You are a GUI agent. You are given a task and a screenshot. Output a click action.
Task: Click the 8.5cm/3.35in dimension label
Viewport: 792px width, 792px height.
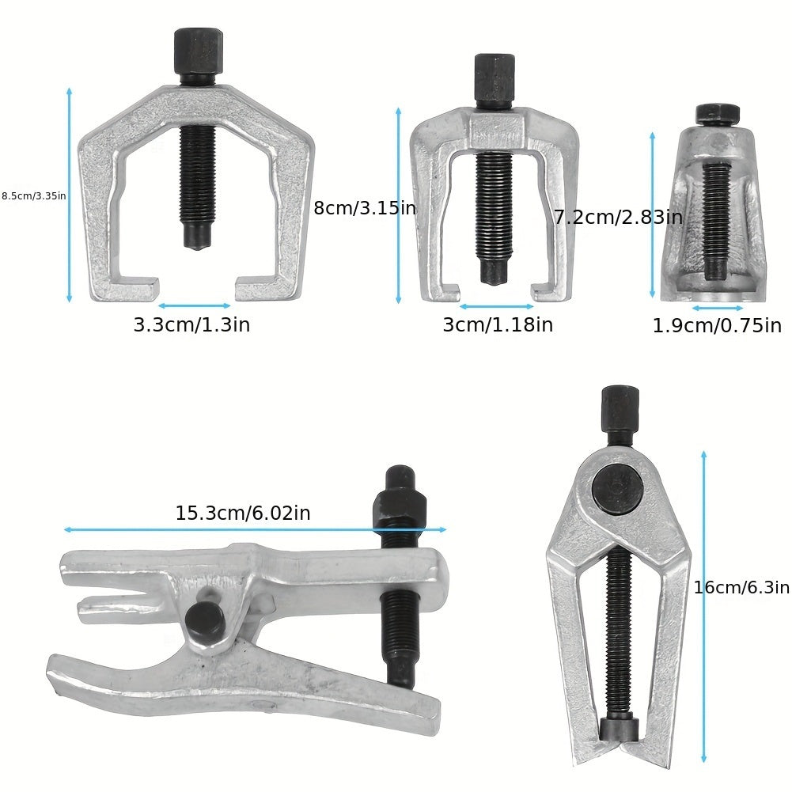(x=33, y=196)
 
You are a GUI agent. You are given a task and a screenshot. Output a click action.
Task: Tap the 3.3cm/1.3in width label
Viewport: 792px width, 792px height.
(x=192, y=324)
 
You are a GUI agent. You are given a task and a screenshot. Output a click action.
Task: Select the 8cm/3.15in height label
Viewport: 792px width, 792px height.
(x=365, y=208)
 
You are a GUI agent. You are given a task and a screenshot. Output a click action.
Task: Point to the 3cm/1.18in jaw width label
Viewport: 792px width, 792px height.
(x=498, y=324)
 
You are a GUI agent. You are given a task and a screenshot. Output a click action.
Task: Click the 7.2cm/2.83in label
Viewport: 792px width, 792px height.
(x=618, y=218)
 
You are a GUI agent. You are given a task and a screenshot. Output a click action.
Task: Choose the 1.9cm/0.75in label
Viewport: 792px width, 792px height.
(x=718, y=326)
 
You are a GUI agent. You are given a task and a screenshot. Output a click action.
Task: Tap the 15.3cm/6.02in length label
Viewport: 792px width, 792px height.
(x=243, y=513)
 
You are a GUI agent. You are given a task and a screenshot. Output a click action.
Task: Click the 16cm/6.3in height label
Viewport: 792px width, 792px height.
(x=741, y=587)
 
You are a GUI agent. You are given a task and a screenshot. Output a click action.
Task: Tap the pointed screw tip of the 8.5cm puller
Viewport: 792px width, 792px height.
(x=198, y=237)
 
